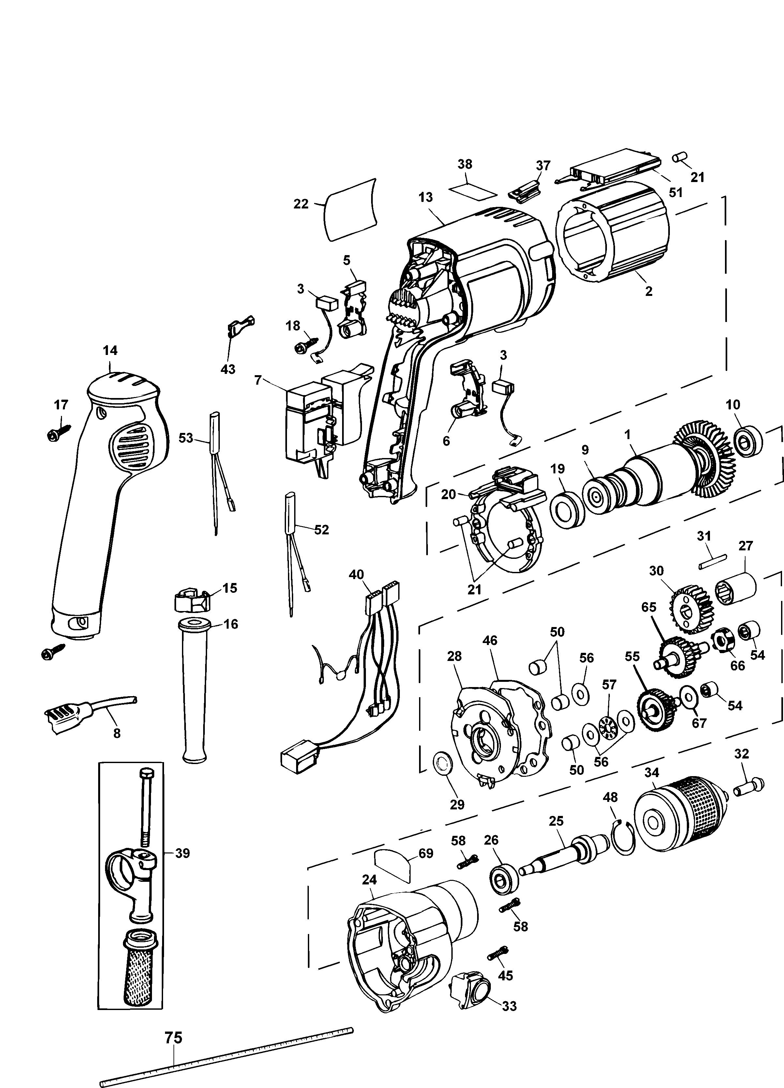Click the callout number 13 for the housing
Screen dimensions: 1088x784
[425, 197]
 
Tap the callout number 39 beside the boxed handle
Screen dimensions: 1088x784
[182, 853]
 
